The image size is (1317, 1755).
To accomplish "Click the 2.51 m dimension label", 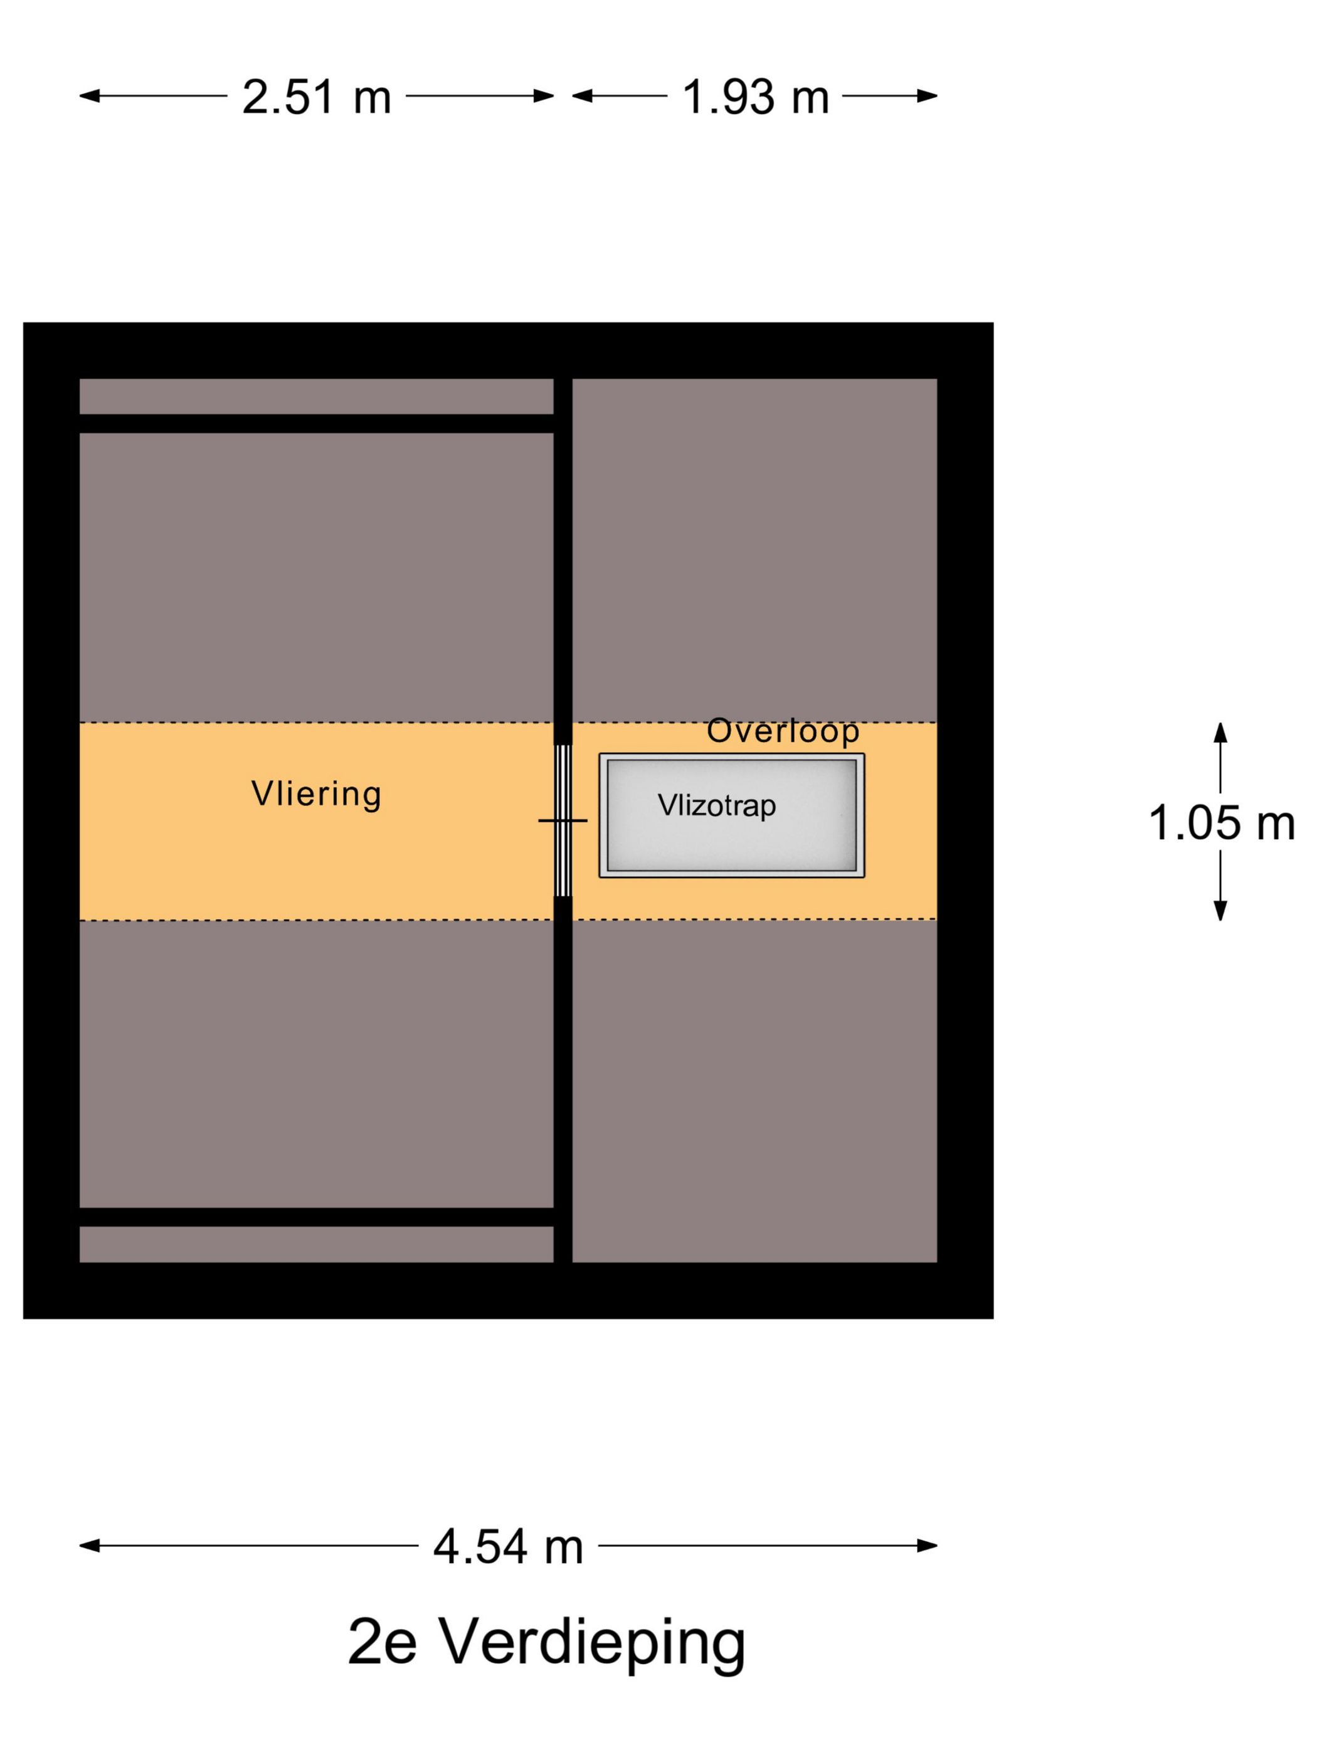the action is click(x=316, y=97).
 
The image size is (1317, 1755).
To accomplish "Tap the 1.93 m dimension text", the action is click(x=755, y=97).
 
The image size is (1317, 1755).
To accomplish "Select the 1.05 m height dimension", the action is click(x=1220, y=823).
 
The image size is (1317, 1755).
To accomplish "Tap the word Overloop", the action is click(x=782, y=731).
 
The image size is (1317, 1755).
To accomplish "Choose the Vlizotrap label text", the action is click(x=716, y=806).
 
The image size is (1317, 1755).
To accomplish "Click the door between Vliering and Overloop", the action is click(x=562, y=820).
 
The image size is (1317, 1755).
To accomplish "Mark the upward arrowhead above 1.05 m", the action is click(x=1220, y=731).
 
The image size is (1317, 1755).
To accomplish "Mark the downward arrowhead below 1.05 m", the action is click(x=1220, y=911).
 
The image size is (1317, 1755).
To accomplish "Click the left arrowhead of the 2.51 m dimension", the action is click(x=90, y=96).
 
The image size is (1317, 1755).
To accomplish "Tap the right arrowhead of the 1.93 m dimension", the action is click(x=926, y=96).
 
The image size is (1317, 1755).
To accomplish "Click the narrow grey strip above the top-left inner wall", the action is click(x=316, y=396).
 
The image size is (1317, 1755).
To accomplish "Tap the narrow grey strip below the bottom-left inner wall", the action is click(x=316, y=1244).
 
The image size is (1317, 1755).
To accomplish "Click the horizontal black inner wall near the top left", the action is click(x=316, y=424).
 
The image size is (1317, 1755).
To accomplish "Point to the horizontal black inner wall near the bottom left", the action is click(x=316, y=1217).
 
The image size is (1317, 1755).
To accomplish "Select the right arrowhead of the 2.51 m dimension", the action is click(x=543, y=96).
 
